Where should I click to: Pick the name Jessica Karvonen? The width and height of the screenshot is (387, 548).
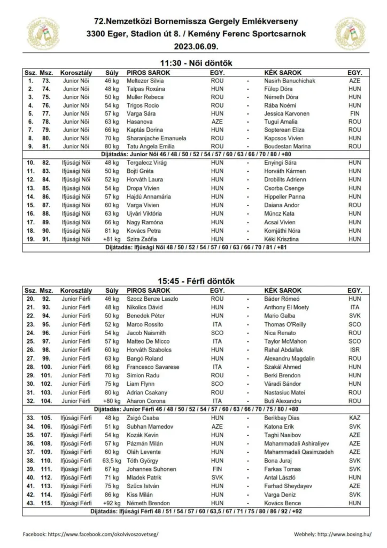287,113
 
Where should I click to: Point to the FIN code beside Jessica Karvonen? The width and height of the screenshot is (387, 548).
354,113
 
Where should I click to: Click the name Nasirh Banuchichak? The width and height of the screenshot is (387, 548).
290,80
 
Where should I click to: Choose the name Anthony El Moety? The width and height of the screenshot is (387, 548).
287,308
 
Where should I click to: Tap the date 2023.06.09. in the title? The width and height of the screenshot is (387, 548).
193,46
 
